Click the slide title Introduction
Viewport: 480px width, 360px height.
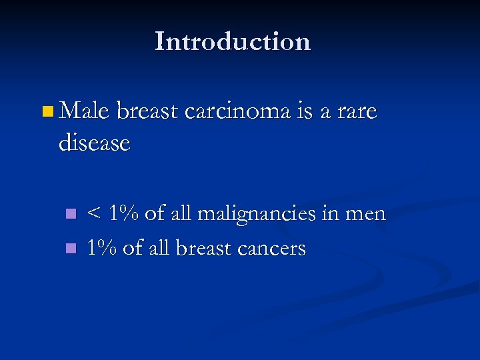click(233, 41)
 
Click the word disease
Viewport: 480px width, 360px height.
click(94, 142)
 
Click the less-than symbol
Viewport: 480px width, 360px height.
click(95, 214)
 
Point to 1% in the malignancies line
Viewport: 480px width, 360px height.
click(123, 213)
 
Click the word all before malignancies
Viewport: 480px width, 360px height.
click(180, 213)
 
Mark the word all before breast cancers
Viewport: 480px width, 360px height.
click(159, 248)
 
